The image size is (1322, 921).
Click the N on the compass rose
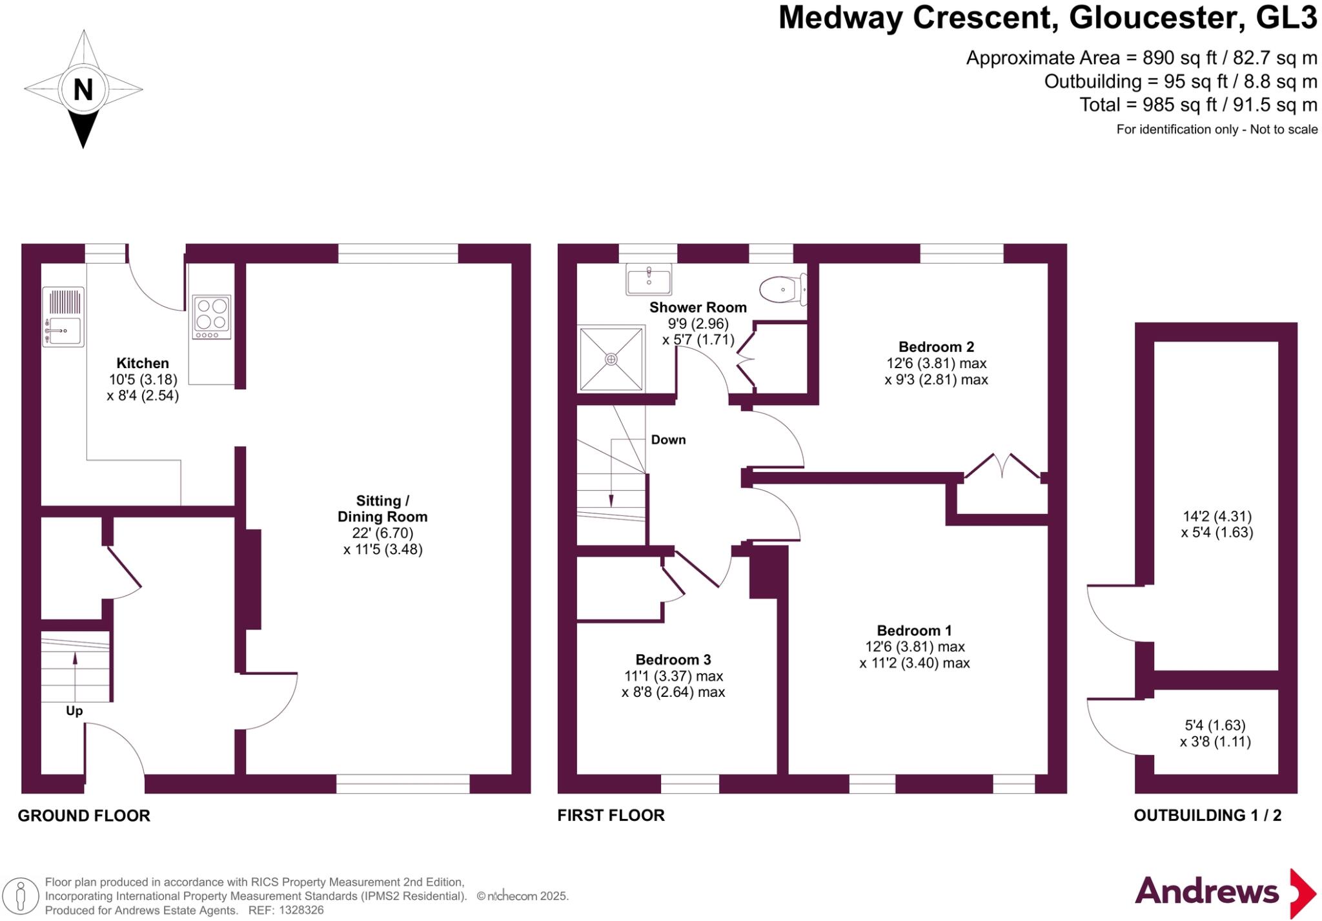tap(83, 90)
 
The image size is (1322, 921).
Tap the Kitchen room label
tap(143, 363)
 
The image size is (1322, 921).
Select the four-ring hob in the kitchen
tap(212, 317)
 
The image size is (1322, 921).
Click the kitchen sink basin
tap(63, 331)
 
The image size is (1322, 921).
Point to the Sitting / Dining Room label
tap(382, 509)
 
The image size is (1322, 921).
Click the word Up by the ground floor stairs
tap(74, 711)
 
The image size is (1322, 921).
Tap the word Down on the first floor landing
tap(668, 440)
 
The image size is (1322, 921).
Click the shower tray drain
tap(611, 359)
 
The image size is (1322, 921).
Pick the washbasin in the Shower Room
tap(648, 280)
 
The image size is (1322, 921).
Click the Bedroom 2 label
tap(936, 347)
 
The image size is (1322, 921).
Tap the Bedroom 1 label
tap(914, 630)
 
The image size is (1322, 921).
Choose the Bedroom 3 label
tap(673, 659)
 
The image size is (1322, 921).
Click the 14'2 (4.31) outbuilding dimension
tap(1217, 517)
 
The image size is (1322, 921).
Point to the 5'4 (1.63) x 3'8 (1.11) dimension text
tap(1215, 734)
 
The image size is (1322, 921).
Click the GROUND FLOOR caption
tap(84, 816)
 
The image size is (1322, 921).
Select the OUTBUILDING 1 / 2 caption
tap(1207, 815)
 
